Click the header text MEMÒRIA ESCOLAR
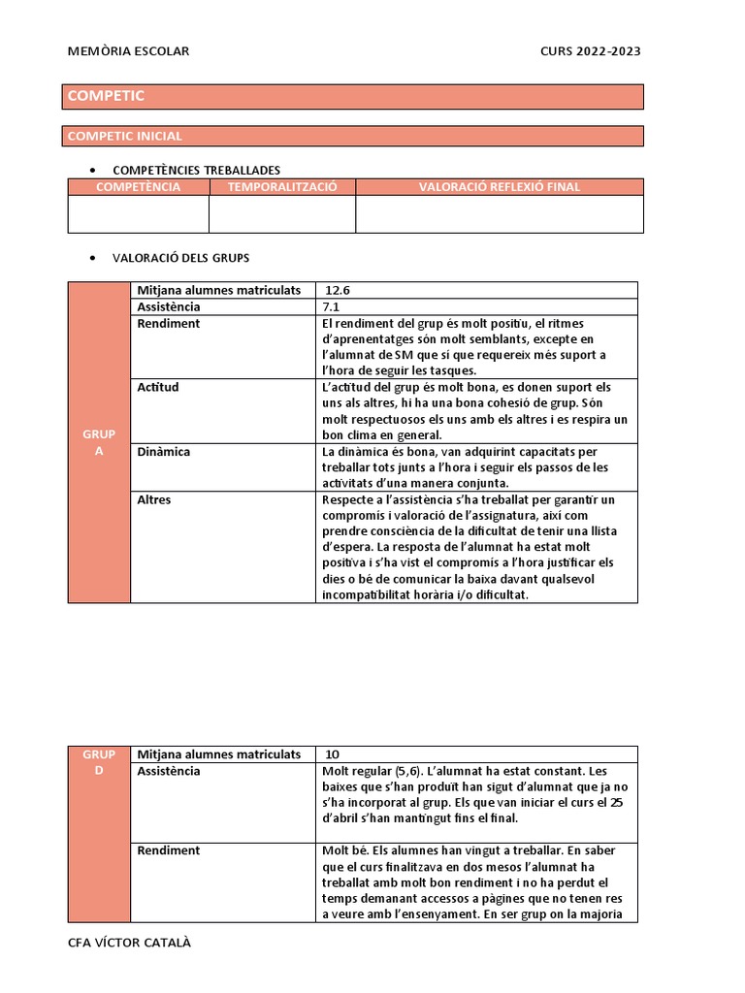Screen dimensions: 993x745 pyautogui.click(x=128, y=51)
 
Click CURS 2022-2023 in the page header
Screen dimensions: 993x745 pyautogui.click(x=590, y=51)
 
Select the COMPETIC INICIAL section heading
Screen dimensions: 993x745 pyautogui.click(x=124, y=137)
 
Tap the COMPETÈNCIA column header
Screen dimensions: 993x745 pyautogui.click(x=138, y=187)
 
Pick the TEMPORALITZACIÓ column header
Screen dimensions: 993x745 pyautogui.click(x=282, y=187)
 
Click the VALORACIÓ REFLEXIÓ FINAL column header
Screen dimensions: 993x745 pyautogui.click(x=499, y=187)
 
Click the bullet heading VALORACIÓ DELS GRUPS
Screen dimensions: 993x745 pyautogui.click(x=180, y=258)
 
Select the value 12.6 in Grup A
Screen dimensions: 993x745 pyautogui.click(x=338, y=290)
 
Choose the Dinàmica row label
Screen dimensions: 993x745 pyautogui.click(x=164, y=452)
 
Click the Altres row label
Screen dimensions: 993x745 pyautogui.click(x=154, y=499)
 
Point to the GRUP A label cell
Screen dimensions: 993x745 pyautogui.click(x=98, y=443)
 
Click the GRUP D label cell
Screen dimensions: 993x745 pyautogui.click(x=98, y=762)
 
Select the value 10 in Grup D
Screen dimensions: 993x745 pyautogui.click(x=332, y=754)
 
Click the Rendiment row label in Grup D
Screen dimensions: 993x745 pyautogui.click(x=169, y=850)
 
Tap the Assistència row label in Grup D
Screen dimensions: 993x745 pyautogui.click(x=169, y=771)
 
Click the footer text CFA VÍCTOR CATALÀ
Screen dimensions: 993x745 pyautogui.click(x=129, y=943)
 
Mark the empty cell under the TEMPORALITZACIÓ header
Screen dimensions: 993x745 pyautogui.click(x=282, y=214)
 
